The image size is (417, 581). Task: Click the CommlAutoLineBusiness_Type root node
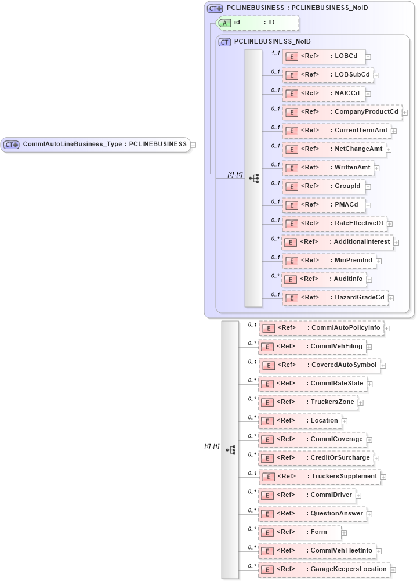tap(96, 145)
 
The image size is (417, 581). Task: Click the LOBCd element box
tap(324, 56)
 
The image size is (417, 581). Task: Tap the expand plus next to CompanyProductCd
tap(405, 113)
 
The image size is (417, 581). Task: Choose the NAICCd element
tap(324, 93)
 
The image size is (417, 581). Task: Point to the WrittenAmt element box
tap(328, 168)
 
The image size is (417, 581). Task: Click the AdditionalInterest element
tap(337, 242)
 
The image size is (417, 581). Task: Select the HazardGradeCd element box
tap(334, 298)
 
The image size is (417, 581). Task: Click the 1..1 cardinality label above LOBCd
tap(275, 53)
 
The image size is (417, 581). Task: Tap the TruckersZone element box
tap(306, 402)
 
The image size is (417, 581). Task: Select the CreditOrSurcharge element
tap(314, 458)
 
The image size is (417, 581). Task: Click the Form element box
tap(299, 532)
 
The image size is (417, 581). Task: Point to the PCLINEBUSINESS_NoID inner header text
tap(272, 42)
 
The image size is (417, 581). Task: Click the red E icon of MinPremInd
tap(293, 261)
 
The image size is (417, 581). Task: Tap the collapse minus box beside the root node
tap(194, 145)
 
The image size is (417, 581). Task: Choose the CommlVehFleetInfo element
tap(317, 551)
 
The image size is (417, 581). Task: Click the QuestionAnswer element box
tap(311, 514)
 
